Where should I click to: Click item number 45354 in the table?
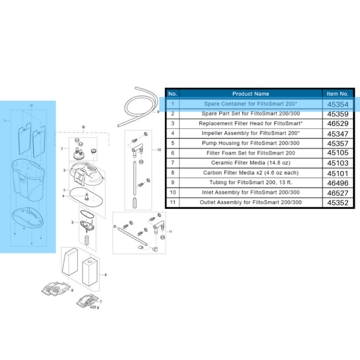point(338,104)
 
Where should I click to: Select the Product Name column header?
point(251,94)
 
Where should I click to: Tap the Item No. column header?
point(338,94)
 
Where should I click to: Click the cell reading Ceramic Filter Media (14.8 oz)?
point(251,163)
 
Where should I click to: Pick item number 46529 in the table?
point(338,123)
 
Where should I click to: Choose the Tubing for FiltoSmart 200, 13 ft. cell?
point(251,183)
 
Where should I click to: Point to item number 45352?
point(338,202)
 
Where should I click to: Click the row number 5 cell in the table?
point(172,143)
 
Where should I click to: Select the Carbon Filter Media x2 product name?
point(251,173)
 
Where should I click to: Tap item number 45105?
point(338,153)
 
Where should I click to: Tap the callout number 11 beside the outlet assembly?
point(170,231)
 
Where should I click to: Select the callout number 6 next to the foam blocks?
point(105,274)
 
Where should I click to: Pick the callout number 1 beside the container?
point(4,121)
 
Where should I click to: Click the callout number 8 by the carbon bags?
point(72,291)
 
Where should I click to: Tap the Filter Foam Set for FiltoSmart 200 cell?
point(251,153)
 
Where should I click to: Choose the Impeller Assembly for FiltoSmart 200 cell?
point(251,133)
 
